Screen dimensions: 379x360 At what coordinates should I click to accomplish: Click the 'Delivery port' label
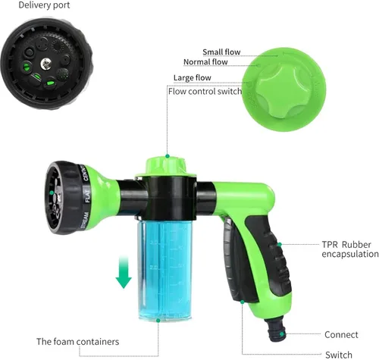pyautogui.click(x=44, y=5)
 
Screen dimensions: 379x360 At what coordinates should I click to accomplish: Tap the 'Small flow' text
pyautogui.click(x=221, y=52)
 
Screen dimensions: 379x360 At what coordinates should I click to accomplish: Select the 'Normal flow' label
pyautogui.click(x=205, y=61)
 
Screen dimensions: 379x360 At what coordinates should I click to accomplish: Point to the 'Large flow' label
pyautogui.click(x=193, y=77)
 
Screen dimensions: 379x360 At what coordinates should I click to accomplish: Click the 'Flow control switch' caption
pyautogui.click(x=205, y=91)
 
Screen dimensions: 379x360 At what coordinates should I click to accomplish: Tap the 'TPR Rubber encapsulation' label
pyautogui.click(x=350, y=249)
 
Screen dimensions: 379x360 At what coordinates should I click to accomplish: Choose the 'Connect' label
pyautogui.click(x=341, y=334)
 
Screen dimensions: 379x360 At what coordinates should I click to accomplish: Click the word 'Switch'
pyautogui.click(x=339, y=355)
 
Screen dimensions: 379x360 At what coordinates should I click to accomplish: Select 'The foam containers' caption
pyautogui.click(x=77, y=342)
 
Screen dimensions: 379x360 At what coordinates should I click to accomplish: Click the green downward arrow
pyautogui.click(x=124, y=272)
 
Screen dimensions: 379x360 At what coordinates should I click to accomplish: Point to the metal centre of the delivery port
pyautogui.click(x=46, y=63)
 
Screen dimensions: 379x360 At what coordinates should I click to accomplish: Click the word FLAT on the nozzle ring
pyautogui.click(x=87, y=196)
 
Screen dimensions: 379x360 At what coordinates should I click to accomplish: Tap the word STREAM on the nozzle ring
pyautogui.click(x=85, y=221)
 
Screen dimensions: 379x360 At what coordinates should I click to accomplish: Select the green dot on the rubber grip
pyautogui.click(x=280, y=244)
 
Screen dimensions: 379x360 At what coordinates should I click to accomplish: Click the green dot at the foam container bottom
pyautogui.click(x=158, y=321)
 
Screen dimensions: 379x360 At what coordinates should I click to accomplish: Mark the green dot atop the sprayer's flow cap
pyautogui.click(x=168, y=156)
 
